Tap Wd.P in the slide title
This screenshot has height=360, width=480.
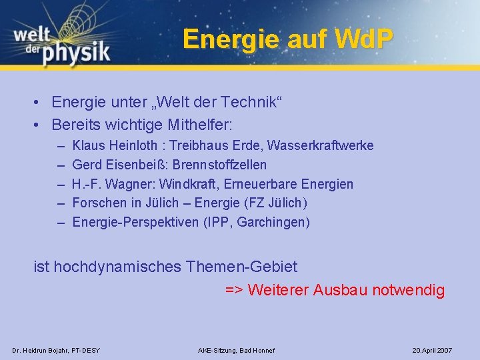click(363, 39)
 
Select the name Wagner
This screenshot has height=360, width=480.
click(131, 184)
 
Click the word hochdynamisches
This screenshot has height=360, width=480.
click(117, 267)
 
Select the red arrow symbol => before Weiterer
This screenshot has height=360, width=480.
click(234, 291)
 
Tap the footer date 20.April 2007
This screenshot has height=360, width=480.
click(432, 350)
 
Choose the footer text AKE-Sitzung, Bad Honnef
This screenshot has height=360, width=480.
click(237, 350)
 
